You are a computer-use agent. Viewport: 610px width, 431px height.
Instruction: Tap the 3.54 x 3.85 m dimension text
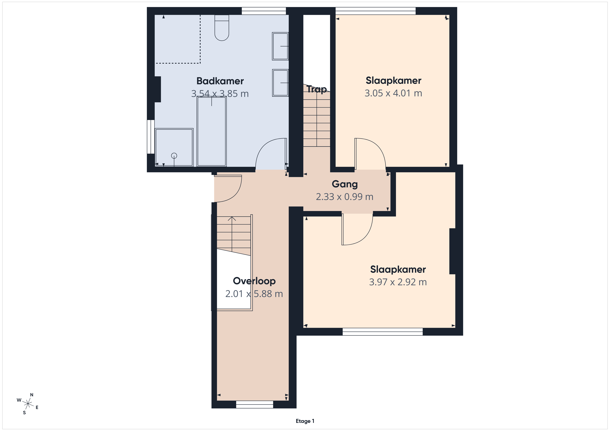click(x=220, y=94)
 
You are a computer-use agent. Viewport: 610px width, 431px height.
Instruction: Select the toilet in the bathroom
click(x=222, y=28)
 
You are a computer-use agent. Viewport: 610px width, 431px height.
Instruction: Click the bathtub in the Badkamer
click(x=211, y=132)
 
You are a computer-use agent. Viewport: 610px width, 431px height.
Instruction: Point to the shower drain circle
click(x=174, y=156)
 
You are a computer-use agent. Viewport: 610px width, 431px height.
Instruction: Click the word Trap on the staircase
click(x=317, y=89)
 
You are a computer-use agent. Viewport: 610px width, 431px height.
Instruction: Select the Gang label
click(x=345, y=184)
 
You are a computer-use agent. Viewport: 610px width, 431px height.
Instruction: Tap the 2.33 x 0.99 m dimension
click(x=345, y=197)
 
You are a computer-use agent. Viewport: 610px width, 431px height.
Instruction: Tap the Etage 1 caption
click(x=305, y=421)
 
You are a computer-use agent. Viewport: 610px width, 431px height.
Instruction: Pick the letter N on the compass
click(x=32, y=395)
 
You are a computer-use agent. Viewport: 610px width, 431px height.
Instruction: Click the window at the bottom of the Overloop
click(x=255, y=404)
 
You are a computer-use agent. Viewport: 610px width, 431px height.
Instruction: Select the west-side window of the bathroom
click(x=151, y=137)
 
